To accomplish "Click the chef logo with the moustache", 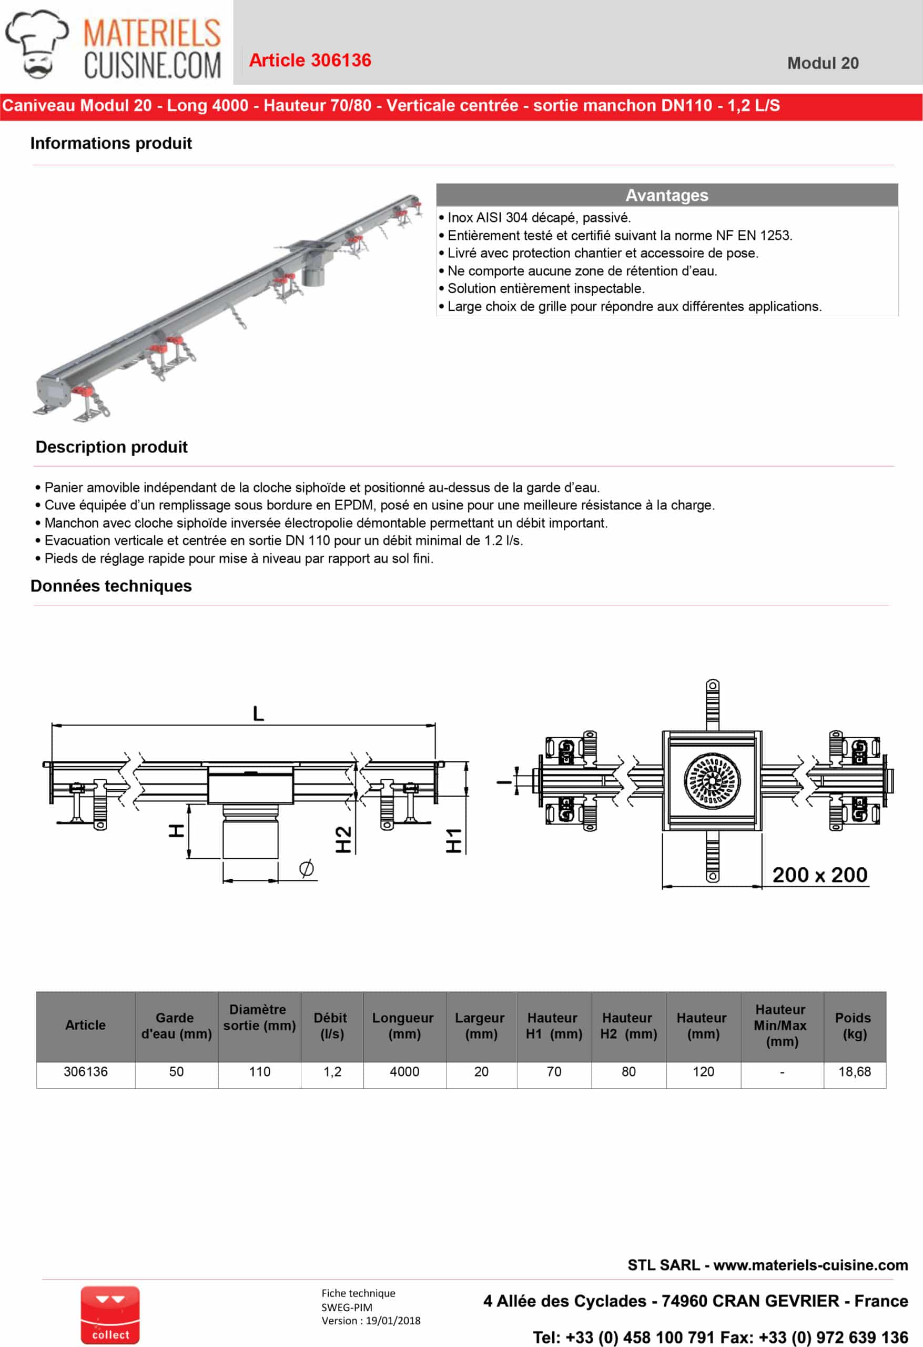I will (x=36, y=44).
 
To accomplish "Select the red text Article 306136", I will (x=310, y=61).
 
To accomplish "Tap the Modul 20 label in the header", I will (x=822, y=63).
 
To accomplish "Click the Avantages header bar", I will (x=666, y=195).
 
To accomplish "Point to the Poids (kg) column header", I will (x=854, y=1026).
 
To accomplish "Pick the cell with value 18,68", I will (x=854, y=1072).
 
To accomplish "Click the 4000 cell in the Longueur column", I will (x=404, y=1072).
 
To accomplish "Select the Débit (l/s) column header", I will (x=331, y=1026).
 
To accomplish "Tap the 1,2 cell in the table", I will (x=332, y=1072).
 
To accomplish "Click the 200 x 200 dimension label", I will (x=819, y=874).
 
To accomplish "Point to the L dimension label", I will (x=258, y=713).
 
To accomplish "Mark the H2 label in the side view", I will (x=343, y=839).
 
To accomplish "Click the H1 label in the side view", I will (x=454, y=840).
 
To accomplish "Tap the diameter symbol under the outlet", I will (x=307, y=868).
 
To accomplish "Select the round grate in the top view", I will (x=712, y=781).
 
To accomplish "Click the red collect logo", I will (x=110, y=1315).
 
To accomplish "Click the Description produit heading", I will (x=111, y=447).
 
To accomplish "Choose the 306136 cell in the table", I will (x=86, y=1072).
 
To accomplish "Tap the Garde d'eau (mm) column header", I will (x=176, y=1026).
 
